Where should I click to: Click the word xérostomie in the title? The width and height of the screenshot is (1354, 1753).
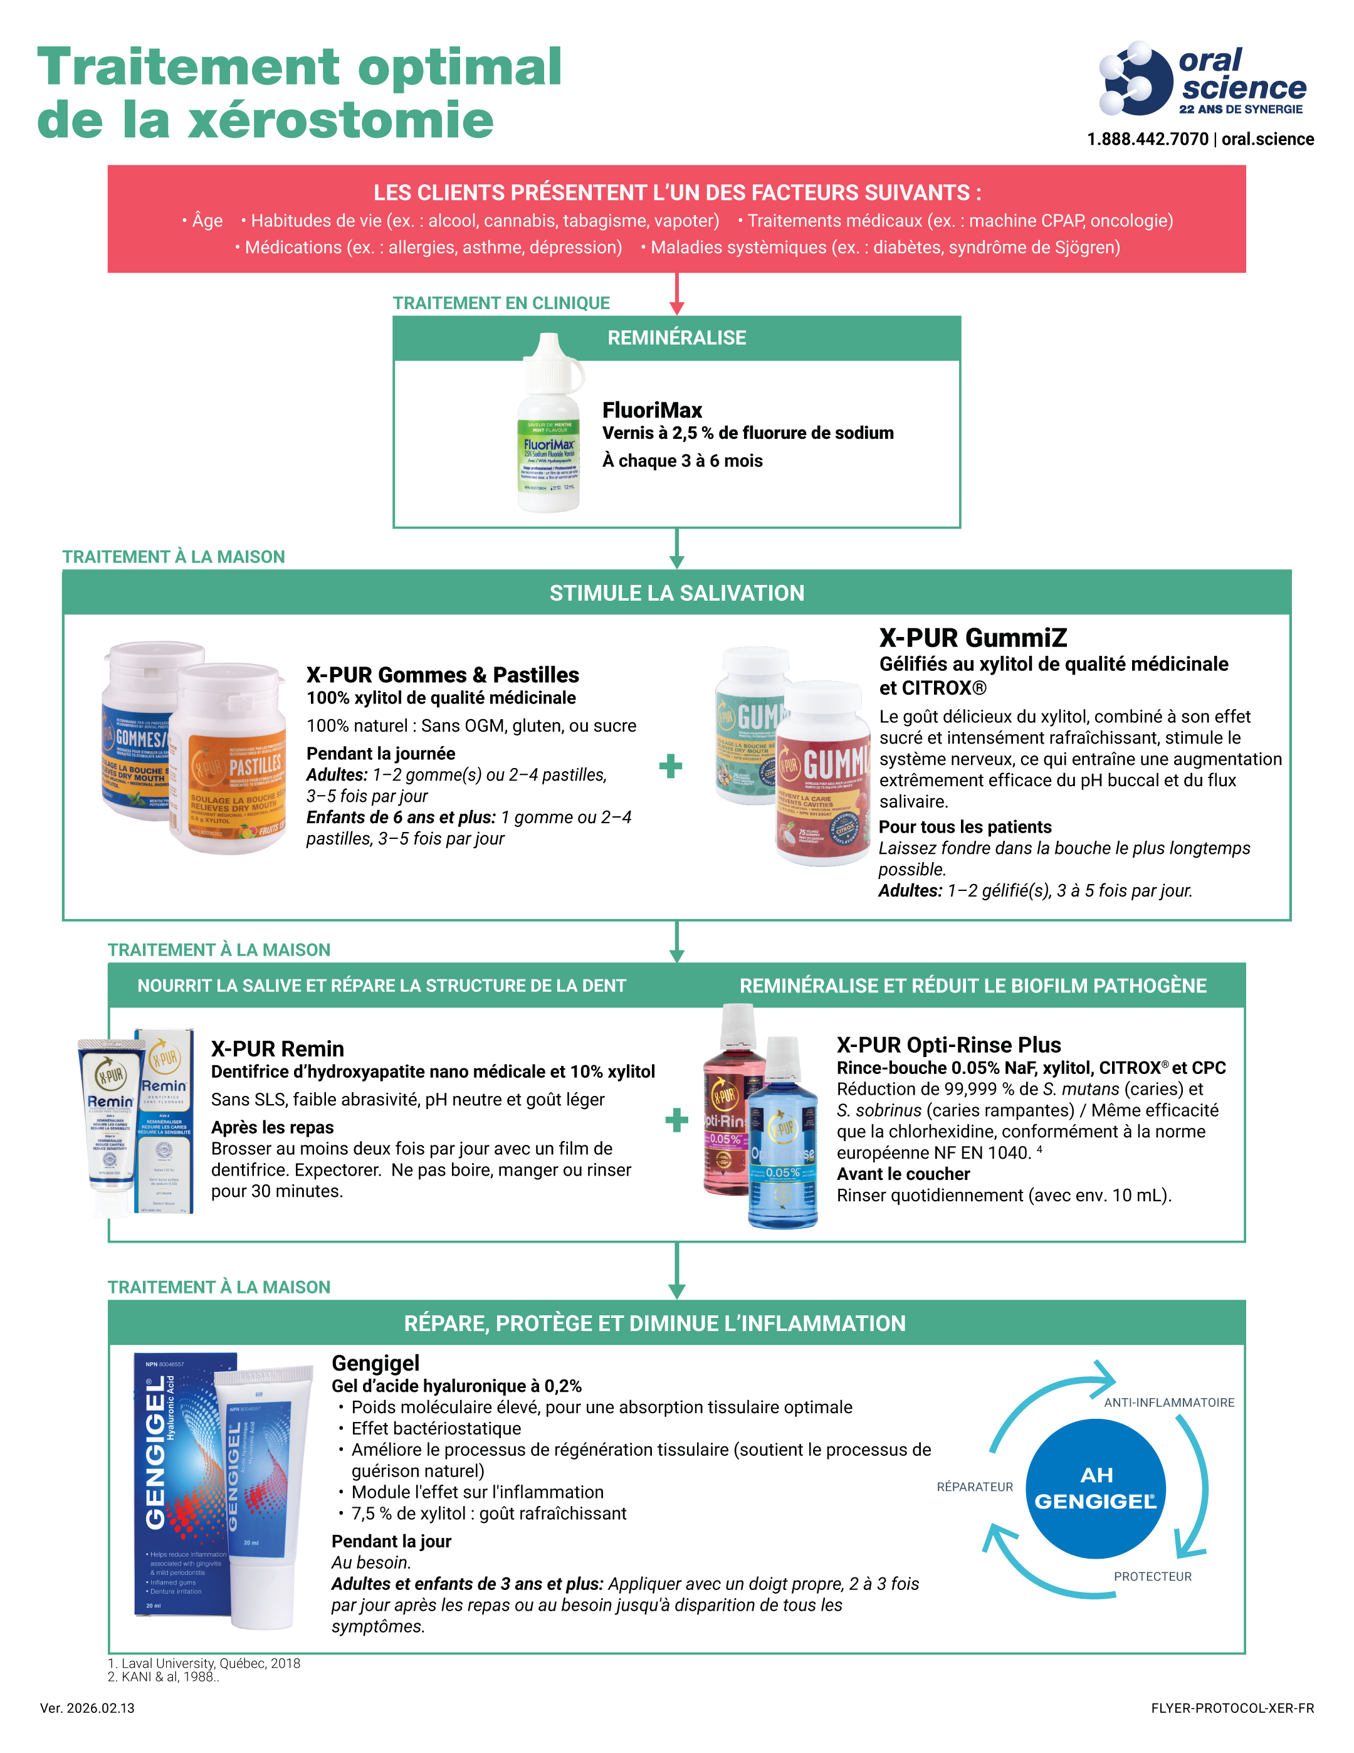click(x=340, y=120)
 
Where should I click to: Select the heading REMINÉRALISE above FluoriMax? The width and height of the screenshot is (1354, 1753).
click(x=676, y=338)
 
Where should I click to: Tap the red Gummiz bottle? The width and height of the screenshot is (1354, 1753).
click(x=824, y=782)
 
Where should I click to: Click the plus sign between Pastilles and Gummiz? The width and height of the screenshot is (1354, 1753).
click(x=671, y=767)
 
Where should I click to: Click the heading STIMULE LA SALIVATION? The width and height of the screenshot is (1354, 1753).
click(x=676, y=593)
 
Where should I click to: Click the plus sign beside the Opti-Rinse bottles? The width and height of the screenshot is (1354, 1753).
click(x=676, y=1120)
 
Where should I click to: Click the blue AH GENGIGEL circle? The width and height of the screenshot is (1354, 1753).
click(x=1096, y=1488)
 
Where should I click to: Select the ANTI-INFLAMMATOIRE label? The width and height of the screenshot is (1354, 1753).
click(x=1168, y=1403)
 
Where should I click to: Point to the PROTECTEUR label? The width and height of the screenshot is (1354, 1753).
click(x=1153, y=1576)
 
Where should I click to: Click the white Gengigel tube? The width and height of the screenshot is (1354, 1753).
click(x=265, y=1493)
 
